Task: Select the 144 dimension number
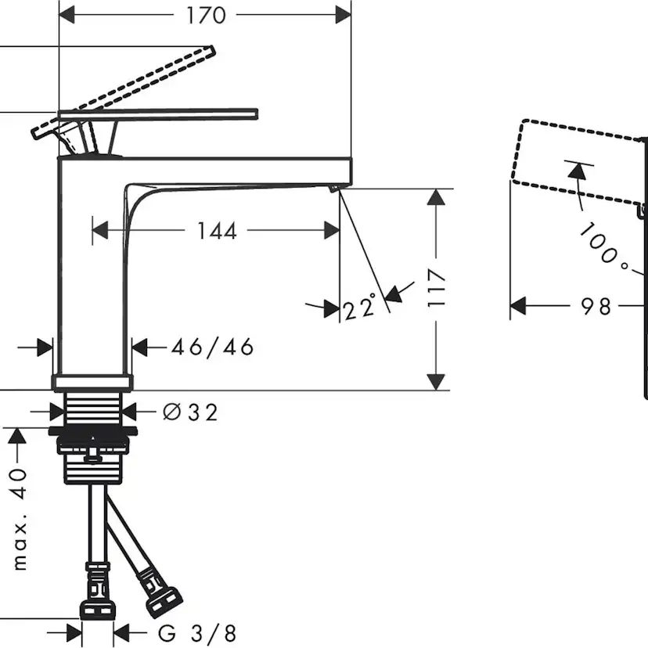pyautogui.click(x=216, y=231)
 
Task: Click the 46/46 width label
pyautogui.click(x=213, y=347)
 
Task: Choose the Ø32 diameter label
pyautogui.click(x=190, y=411)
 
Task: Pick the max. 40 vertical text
pyautogui.click(x=20, y=517)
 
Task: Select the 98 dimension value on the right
pyautogui.click(x=596, y=306)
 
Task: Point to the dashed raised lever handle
pyautogui.click(x=141, y=78)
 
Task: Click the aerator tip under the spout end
pyautogui.click(x=333, y=188)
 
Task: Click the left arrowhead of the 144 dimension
pyautogui.click(x=99, y=230)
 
